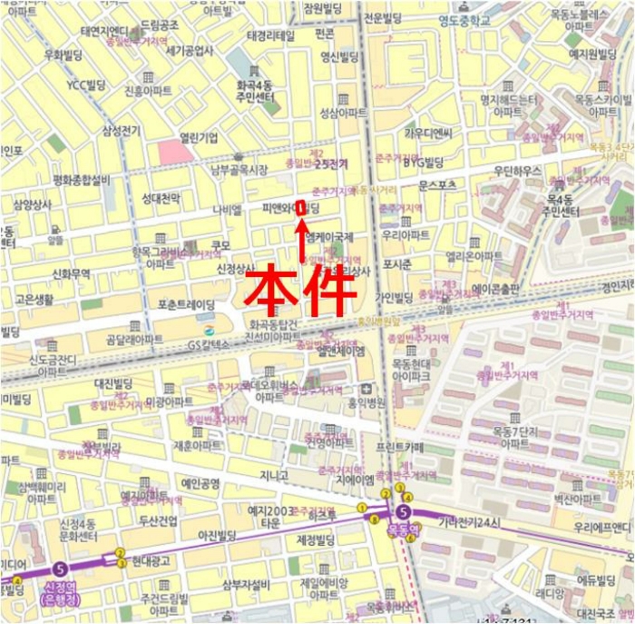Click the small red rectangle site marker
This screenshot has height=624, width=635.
tap(300, 206)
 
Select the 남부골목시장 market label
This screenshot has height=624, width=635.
tap(239, 170)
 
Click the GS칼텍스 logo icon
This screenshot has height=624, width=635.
tap(209, 329)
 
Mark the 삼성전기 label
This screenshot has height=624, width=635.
tap(121, 131)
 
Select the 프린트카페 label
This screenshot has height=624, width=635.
tap(399, 448)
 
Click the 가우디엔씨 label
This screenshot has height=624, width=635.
tap(427, 133)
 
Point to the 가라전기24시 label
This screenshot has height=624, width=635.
tap(469, 521)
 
